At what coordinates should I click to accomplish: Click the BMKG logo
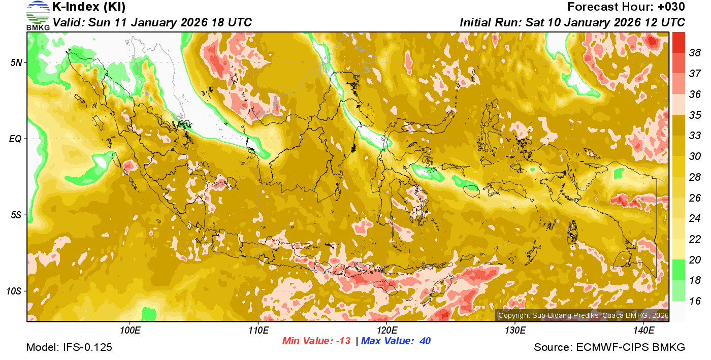coord(38,15)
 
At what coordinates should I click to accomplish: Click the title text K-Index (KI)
coord(89,7)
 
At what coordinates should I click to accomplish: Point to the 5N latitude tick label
coord(16,62)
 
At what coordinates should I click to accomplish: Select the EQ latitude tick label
coord(16,139)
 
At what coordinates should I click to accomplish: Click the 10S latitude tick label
coord(14,291)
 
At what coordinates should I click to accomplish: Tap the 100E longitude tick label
coord(130,331)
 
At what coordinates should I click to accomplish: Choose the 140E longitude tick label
coord(643,331)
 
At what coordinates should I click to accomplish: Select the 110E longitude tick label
coord(258,331)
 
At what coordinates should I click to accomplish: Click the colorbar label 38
coord(695,53)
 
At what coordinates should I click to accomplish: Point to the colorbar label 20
coord(695,260)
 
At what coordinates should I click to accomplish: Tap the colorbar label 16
coord(695,301)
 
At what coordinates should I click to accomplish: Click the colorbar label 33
coord(695,136)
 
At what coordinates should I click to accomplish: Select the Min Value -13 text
coord(316,341)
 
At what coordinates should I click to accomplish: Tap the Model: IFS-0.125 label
coord(69,348)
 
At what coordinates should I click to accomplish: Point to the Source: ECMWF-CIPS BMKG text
coord(609,348)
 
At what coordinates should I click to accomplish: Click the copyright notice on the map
coord(583,315)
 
